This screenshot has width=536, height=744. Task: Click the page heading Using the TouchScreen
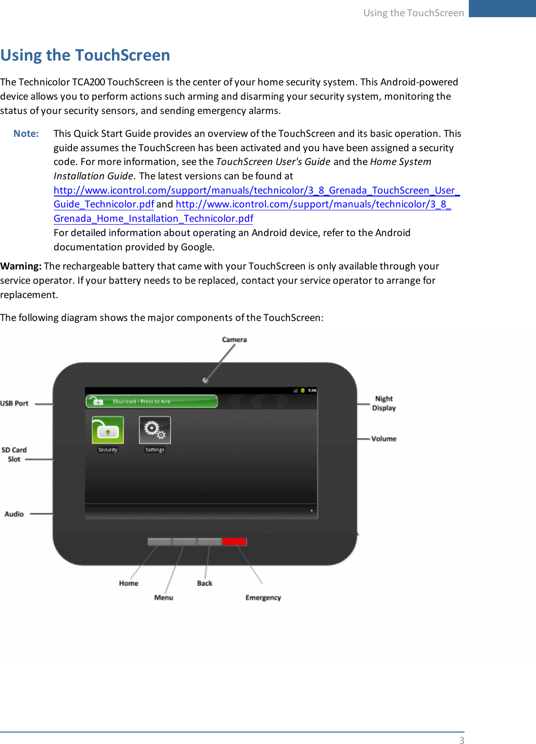[x=85, y=55]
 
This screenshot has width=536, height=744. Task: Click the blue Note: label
[x=26, y=134]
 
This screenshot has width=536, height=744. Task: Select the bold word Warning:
[x=21, y=266]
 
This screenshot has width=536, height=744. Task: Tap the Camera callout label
[x=234, y=340]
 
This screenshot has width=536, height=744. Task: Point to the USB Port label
[x=14, y=403]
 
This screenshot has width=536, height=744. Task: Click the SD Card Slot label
[x=14, y=455]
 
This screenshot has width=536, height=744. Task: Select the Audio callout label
[x=14, y=514]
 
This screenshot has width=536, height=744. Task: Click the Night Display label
[x=384, y=403]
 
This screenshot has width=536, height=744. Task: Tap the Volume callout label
[x=384, y=439]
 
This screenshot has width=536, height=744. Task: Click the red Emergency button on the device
[x=234, y=541]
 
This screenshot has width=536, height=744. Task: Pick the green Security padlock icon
[x=108, y=430]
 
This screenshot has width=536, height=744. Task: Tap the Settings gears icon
[x=155, y=430]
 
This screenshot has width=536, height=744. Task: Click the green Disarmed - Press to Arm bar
[x=152, y=402]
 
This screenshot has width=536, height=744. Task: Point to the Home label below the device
[x=129, y=583]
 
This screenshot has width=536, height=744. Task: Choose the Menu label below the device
[x=163, y=598]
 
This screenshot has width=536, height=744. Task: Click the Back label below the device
[x=204, y=583]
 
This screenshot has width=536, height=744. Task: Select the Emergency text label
[x=263, y=598]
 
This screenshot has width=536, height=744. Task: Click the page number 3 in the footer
[x=461, y=740]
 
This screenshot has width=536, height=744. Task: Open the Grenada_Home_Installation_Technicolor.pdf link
[x=153, y=219]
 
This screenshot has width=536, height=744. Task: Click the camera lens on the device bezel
[x=205, y=380]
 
